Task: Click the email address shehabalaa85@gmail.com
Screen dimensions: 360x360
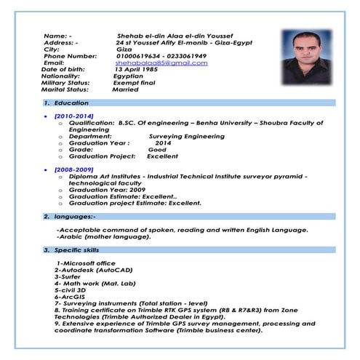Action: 161,63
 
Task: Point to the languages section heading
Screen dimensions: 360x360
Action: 74,217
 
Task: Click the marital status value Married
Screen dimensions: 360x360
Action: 126,90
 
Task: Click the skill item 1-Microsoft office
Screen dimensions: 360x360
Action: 86,263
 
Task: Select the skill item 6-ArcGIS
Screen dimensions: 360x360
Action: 70,297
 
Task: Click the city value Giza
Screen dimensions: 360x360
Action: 124,49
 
